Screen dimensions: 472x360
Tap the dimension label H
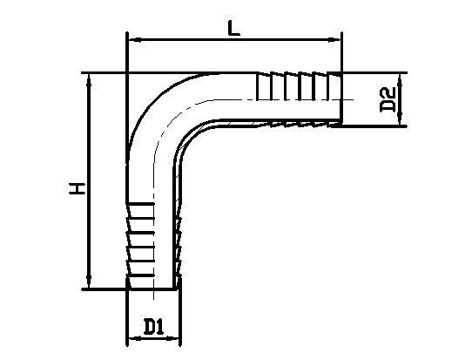pyautogui.click(x=77, y=188)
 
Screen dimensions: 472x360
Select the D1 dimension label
pyautogui.click(x=153, y=327)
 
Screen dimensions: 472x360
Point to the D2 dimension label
pyautogui.click(x=388, y=100)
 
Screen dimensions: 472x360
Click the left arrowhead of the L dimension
pyautogui.click(x=136, y=39)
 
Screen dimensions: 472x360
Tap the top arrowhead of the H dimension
pyautogui.click(x=89, y=80)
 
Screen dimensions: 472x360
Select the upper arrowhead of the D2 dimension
pyautogui.click(x=400, y=79)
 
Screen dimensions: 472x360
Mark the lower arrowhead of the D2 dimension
pyautogui.click(x=400, y=119)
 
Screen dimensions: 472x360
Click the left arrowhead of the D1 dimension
pyautogui.click(x=135, y=338)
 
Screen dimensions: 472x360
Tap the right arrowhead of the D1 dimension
pyautogui.click(x=173, y=338)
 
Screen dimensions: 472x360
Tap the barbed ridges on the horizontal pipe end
pyautogui.click(x=300, y=85)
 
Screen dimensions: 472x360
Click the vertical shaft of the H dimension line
pyautogui.click(x=89, y=180)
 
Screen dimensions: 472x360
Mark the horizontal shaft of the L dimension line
pyautogui.click(x=235, y=39)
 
